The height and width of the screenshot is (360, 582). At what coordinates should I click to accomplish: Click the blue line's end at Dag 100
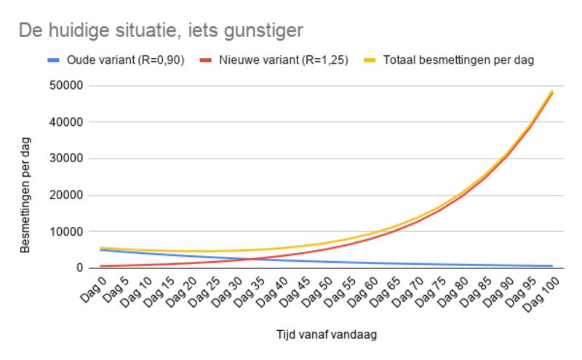tap(552, 266)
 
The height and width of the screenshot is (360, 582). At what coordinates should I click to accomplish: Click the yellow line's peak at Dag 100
tap(552, 92)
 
